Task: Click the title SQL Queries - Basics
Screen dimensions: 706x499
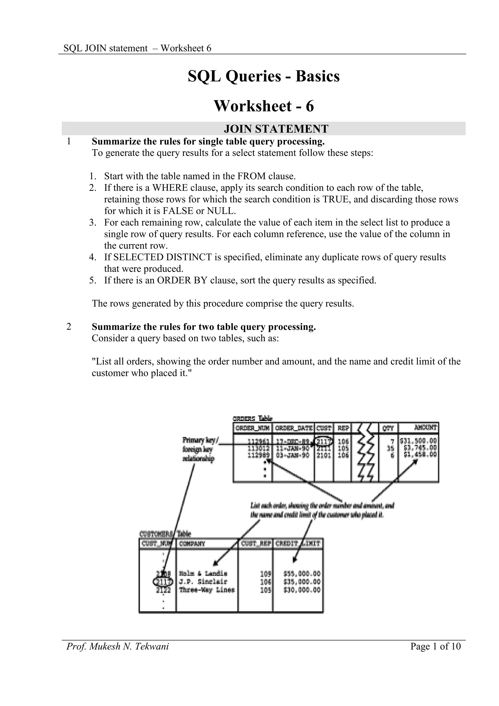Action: click(x=264, y=76)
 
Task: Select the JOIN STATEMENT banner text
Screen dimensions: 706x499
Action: click(x=276, y=129)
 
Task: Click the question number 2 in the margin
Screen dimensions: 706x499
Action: click(x=69, y=327)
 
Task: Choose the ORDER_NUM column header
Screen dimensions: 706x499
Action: click(x=252, y=428)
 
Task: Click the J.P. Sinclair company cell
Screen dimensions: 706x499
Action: click(x=203, y=582)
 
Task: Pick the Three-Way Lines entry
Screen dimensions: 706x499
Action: click(x=206, y=590)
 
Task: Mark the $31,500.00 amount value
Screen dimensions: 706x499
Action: click(x=418, y=442)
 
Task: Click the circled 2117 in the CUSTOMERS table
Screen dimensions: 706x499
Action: click(x=163, y=582)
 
